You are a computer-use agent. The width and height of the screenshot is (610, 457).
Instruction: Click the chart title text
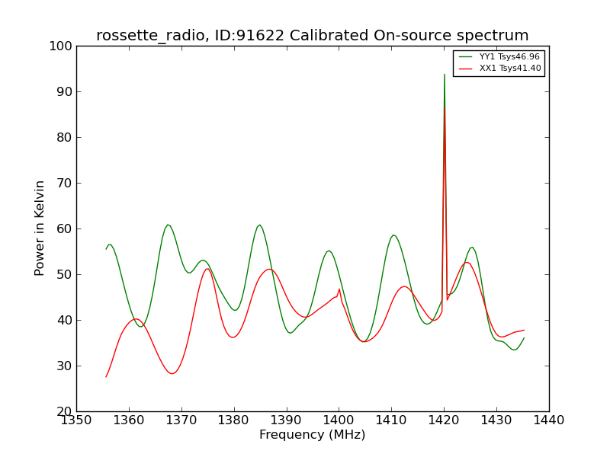coord(313,36)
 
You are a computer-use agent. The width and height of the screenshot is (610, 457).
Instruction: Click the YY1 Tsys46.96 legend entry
coord(499,56)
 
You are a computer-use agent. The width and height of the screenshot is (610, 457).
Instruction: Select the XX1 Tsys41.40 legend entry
coord(499,68)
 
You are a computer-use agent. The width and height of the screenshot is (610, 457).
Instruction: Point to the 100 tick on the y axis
coord(61,46)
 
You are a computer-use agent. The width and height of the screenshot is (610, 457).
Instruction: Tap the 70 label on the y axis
coord(65,183)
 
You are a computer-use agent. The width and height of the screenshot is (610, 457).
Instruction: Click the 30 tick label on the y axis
coord(65,366)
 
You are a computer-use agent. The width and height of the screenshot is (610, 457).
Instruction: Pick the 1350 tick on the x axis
coord(76,420)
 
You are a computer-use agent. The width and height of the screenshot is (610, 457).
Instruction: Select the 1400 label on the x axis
coord(339,420)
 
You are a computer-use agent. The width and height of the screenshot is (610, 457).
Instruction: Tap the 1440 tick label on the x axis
coord(549,420)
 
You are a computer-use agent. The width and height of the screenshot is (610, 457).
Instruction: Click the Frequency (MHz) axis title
coord(313,434)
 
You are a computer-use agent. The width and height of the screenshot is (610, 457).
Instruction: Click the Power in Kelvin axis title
coord(39,228)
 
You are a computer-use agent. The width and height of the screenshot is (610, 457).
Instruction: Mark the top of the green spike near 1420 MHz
coord(445,74)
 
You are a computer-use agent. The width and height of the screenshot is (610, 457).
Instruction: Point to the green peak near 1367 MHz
coord(168,225)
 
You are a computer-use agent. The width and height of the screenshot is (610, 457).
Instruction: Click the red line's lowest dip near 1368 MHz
coord(172,374)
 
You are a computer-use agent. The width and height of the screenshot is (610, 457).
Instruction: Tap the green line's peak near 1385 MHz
coord(259,225)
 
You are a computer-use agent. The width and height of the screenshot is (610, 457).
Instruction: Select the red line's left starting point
coord(106,377)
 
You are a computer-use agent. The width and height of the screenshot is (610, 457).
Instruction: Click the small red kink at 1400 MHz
coord(339,289)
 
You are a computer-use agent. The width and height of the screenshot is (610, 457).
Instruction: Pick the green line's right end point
coord(524,338)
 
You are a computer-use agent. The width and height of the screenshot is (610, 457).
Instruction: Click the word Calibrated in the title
coord(329,36)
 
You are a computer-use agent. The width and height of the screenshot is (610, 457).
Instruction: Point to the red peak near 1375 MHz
coord(207,269)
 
